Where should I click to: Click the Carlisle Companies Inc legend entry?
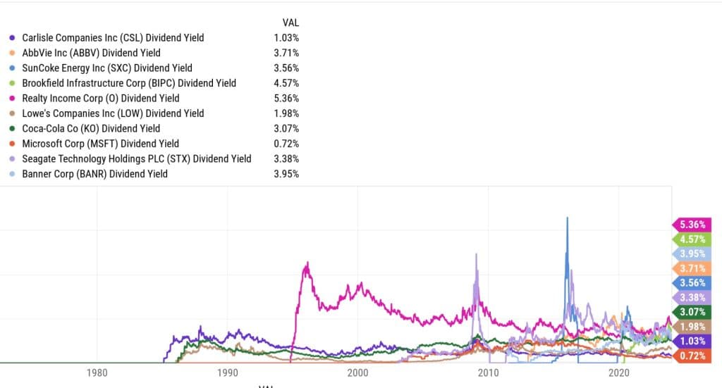113,37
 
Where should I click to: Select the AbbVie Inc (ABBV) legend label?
91,53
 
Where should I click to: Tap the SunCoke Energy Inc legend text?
106,68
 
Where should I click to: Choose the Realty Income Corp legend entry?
100,99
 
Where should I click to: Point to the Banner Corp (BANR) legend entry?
94,173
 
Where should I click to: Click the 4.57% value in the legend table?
286,83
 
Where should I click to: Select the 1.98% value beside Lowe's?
286,113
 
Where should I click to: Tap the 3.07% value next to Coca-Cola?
286,128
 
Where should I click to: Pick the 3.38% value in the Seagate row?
286,158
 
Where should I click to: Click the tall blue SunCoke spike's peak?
567,218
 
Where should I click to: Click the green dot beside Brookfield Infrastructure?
11,83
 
